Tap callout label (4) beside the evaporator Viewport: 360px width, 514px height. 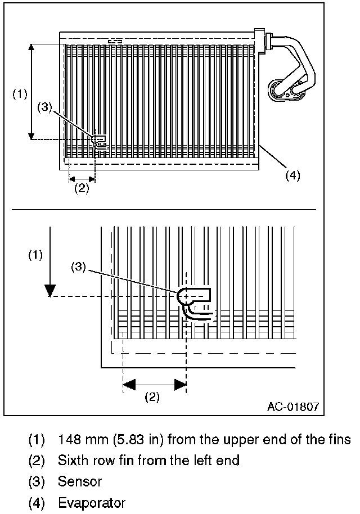pos(292,175)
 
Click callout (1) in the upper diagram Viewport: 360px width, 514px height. pos(20,94)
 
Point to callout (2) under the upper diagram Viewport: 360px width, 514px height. pos(82,188)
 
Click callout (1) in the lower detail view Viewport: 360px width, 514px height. pos(35,255)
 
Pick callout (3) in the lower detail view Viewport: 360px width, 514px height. pos(78,268)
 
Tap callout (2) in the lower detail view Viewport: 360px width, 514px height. pos(152,396)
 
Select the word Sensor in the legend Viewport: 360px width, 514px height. pos(80,481)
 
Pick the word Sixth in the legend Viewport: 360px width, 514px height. pos(71,460)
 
